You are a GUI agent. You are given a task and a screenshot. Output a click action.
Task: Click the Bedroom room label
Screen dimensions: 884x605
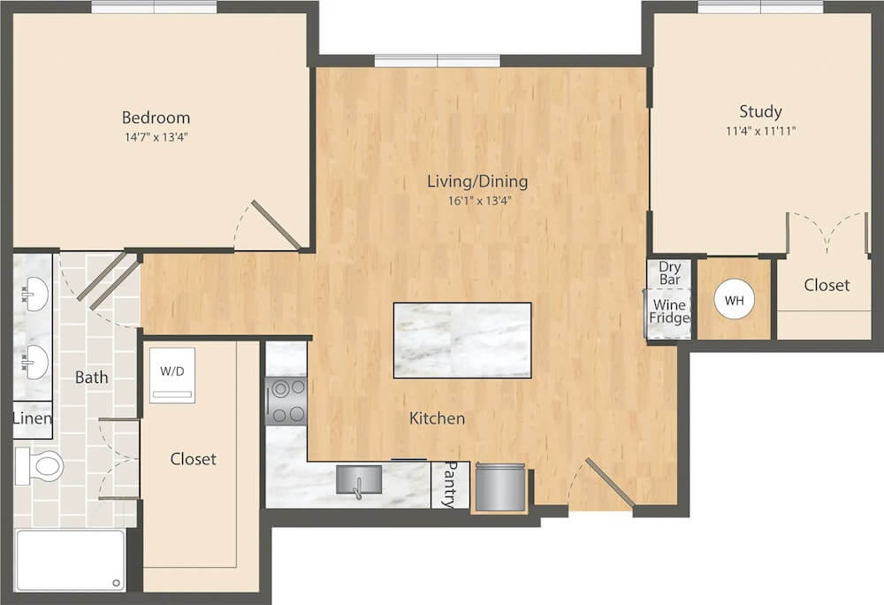pyautogui.click(x=156, y=118)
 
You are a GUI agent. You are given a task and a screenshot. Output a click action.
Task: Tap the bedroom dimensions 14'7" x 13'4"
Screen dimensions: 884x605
pyautogui.click(x=156, y=137)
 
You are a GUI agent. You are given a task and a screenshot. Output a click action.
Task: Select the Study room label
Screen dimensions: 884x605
pyautogui.click(x=760, y=111)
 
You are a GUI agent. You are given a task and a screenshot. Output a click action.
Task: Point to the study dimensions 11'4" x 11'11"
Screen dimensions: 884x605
pyautogui.click(x=760, y=132)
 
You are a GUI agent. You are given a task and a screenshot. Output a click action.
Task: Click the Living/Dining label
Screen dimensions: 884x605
pyautogui.click(x=477, y=181)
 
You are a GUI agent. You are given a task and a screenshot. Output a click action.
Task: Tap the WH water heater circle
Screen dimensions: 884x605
pyautogui.click(x=734, y=301)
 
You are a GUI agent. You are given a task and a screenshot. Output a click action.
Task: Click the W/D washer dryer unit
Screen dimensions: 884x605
pyautogui.click(x=172, y=375)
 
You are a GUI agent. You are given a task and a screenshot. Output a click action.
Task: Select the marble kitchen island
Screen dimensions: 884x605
pyautogui.click(x=462, y=340)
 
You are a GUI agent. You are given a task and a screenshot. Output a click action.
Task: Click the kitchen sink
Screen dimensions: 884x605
pyautogui.click(x=359, y=479)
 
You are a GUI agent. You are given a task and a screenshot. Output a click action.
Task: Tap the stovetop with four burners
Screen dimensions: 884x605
pyautogui.click(x=286, y=401)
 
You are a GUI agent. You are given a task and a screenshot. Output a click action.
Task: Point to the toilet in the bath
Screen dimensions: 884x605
pyautogui.click(x=39, y=466)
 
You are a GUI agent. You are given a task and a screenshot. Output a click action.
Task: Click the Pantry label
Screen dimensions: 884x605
pyautogui.click(x=451, y=485)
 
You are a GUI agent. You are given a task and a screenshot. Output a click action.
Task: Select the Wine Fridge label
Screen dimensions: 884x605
pyautogui.click(x=669, y=312)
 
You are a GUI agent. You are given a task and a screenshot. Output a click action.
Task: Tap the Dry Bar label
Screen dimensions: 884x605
pyautogui.click(x=670, y=273)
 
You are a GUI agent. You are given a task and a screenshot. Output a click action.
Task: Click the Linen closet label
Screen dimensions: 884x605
pyautogui.click(x=33, y=418)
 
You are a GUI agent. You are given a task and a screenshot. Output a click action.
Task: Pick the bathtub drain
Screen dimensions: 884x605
pyautogui.click(x=117, y=583)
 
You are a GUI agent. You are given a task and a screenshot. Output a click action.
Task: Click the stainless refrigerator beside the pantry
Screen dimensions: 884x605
pyautogui.click(x=500, y=486)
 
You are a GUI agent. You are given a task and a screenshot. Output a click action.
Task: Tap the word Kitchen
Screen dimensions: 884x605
pyautogui.click(x=437, y=418)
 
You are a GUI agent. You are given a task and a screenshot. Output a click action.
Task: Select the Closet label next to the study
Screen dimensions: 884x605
pyautogui.click(x=827, y=286)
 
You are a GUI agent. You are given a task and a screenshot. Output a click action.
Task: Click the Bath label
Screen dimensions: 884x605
pyautogui.click(x=91, y=377)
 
